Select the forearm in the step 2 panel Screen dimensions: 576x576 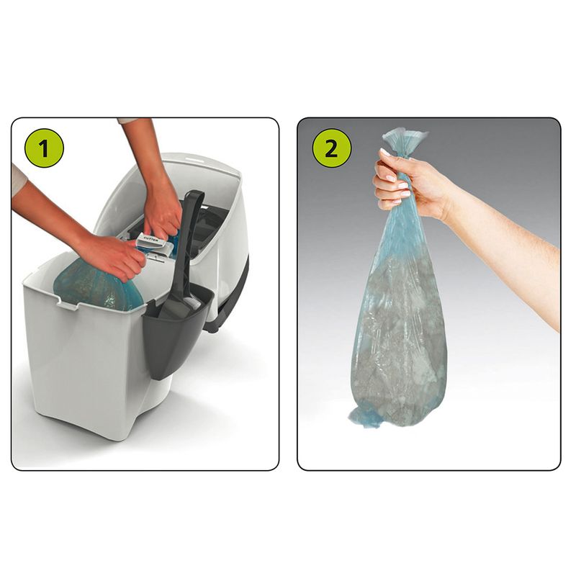tap(504, 245)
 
